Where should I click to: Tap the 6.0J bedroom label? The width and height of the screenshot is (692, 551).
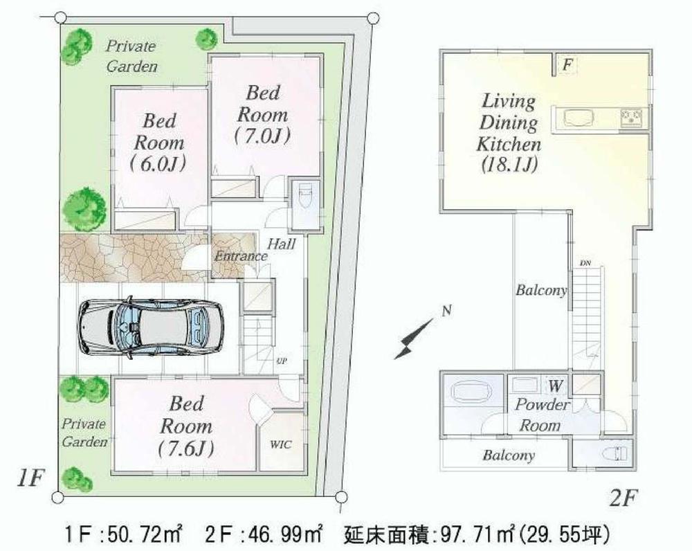(x=159, y=167)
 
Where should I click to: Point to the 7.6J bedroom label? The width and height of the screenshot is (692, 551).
(x=186, y=447)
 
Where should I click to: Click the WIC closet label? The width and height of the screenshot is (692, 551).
(x=281, y=444)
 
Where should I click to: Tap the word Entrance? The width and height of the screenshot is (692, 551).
(x=240, y=256)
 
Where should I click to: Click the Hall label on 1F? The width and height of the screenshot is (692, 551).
(x=282, y=244)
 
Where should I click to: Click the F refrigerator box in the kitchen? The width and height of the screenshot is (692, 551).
(x=566, y=66)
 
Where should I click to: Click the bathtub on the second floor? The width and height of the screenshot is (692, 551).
(x=473, y=392)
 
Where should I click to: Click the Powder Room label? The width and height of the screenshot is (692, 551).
(x=540, y=415)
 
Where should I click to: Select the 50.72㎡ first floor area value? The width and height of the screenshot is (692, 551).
(x=143, y=534)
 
